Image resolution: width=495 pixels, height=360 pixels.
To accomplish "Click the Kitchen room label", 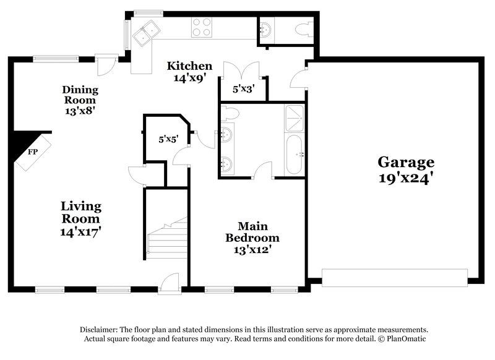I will click(190, 66).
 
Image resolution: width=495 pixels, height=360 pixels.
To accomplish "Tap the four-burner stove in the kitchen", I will click(202, 28).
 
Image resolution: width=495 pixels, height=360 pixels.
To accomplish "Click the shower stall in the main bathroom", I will click(294, 117).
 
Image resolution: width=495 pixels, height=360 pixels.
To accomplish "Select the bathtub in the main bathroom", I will click(294, 154).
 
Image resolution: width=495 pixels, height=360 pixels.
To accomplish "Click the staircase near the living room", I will click(167, 238).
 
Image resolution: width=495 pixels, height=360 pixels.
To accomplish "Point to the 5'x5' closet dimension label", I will click(168, 139).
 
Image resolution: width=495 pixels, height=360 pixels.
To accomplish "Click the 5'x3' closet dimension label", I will click(243, 89).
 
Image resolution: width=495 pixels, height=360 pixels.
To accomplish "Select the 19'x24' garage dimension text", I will click(406, 179).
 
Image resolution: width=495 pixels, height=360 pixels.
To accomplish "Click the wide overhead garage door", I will click(395, 278).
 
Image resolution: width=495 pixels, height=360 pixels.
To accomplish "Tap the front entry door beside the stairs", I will click(168, 283).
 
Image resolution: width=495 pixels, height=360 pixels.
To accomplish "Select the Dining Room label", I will click(80, 95).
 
